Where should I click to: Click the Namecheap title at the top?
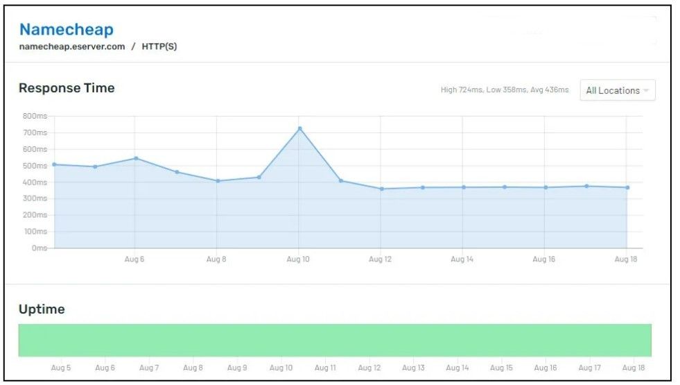66,29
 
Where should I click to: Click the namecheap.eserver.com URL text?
72,46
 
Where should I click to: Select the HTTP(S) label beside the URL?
159,46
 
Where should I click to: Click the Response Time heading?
67,88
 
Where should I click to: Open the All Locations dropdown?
617,90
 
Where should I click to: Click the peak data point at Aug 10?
299,128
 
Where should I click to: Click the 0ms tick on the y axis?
39,248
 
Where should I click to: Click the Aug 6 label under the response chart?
134,259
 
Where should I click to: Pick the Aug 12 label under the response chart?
380,259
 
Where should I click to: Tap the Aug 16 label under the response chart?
543,259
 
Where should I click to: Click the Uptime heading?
42,309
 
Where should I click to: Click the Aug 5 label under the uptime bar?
61,368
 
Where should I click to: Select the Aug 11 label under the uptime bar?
325,368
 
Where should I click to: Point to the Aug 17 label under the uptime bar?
589,368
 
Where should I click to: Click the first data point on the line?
54,164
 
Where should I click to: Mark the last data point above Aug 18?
627,187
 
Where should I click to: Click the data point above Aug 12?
381,189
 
